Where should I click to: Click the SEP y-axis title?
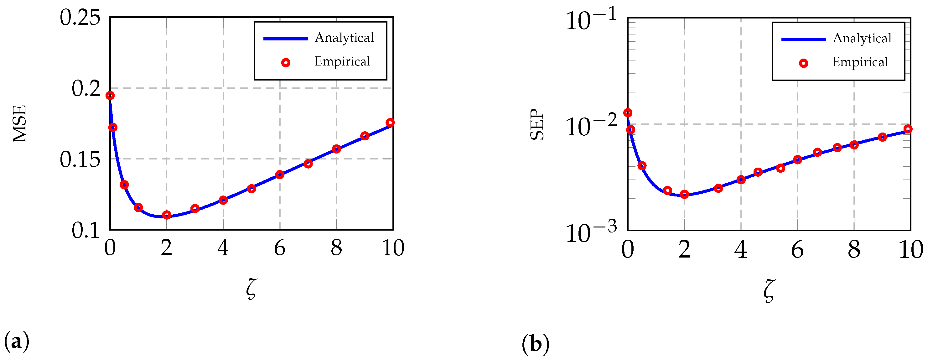pos(537,124)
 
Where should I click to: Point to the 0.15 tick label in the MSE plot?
pos(80,159)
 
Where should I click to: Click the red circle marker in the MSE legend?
pos(286,63)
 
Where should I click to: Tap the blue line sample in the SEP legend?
pos(803,39)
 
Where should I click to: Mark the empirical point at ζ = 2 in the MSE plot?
pos(167,215)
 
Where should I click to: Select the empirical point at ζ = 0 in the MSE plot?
pos(110,96)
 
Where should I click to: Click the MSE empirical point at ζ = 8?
pos(336,149)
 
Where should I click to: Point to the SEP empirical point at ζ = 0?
pos(628,113)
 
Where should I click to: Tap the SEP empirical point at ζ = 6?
pos(797,160)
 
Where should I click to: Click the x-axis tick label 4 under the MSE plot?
pos(223,248)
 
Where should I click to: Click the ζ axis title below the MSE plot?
pos(251,290)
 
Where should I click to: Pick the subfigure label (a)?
pos(16,342)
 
